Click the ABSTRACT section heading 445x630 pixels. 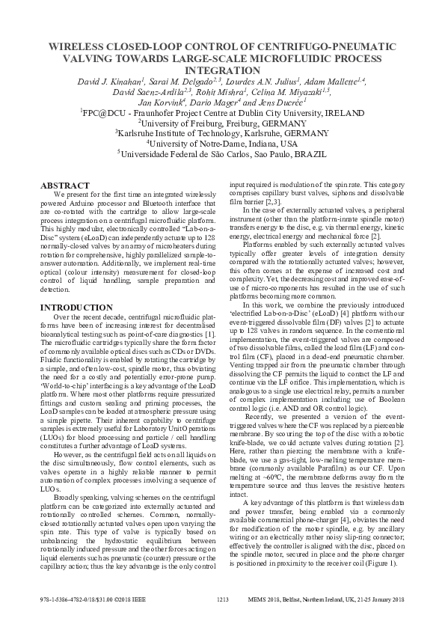[x=65, y=185]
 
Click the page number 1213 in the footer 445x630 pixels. [x=222, y=600]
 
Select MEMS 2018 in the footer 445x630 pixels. [x=262, y=600]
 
